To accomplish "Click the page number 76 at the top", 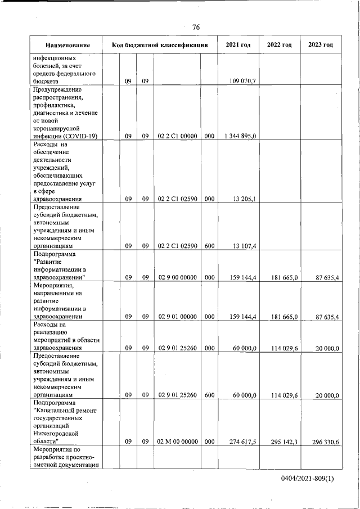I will click(x=196, y=27).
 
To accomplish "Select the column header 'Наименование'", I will click(x=67, y=45).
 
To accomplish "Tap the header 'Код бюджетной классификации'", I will click(x=160, y=45).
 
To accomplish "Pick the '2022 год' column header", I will click(x=279, y=45).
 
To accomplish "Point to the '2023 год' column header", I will click(x=321, y=45).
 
